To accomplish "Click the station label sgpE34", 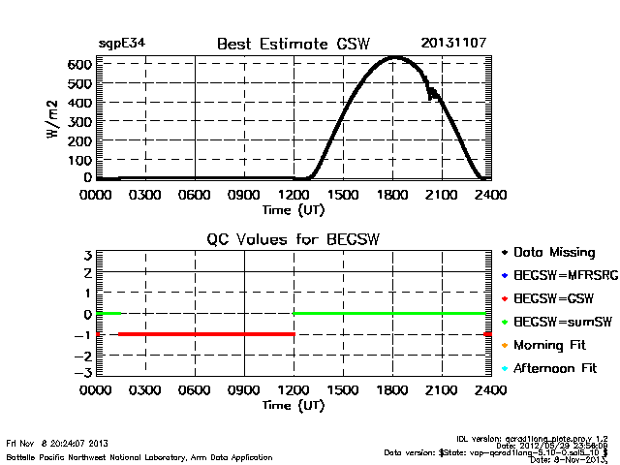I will (x=122, y=44).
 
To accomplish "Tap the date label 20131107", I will (x=453, y=44).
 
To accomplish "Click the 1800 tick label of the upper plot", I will (x=392, y=194).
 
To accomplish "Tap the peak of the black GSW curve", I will (x=394, y=58).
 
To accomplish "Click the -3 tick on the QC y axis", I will (x=84, y=372).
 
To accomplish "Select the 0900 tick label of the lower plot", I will (x=244, y=389).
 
